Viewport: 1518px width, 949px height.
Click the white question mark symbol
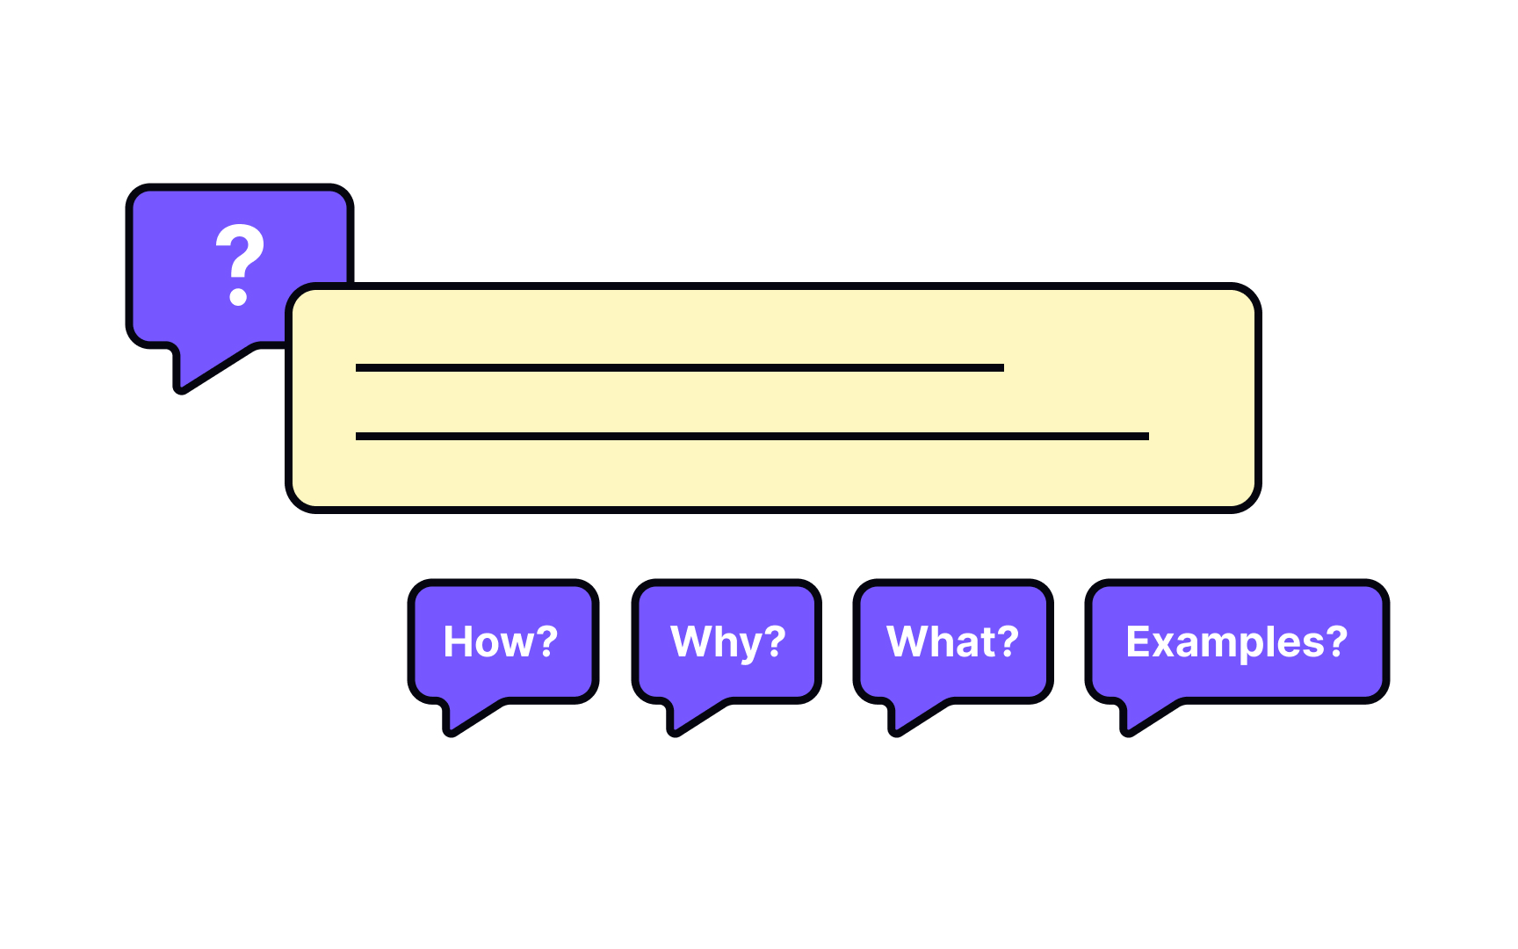pos(240,264)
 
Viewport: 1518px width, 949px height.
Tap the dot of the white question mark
pos(238,297)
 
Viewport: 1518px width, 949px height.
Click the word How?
pos(501,641)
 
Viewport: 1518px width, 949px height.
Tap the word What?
pos(952,641)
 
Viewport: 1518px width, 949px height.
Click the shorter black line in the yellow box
pos(679,367)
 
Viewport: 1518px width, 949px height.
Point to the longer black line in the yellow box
pos(752,436)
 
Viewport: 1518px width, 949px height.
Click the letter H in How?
pos(458,641)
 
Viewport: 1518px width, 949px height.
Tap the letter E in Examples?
pos(1139,641)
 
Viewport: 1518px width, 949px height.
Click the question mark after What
pos(1008,641)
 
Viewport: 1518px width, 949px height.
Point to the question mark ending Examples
pos(1336,641)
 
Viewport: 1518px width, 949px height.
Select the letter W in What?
pos(908,641)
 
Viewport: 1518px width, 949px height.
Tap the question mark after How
pos(546,641)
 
